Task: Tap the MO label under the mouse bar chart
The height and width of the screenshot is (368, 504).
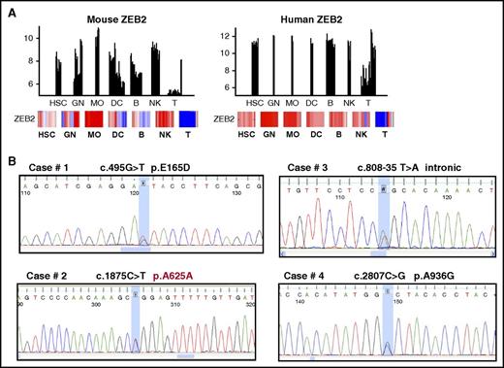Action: (x=98, y=103)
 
